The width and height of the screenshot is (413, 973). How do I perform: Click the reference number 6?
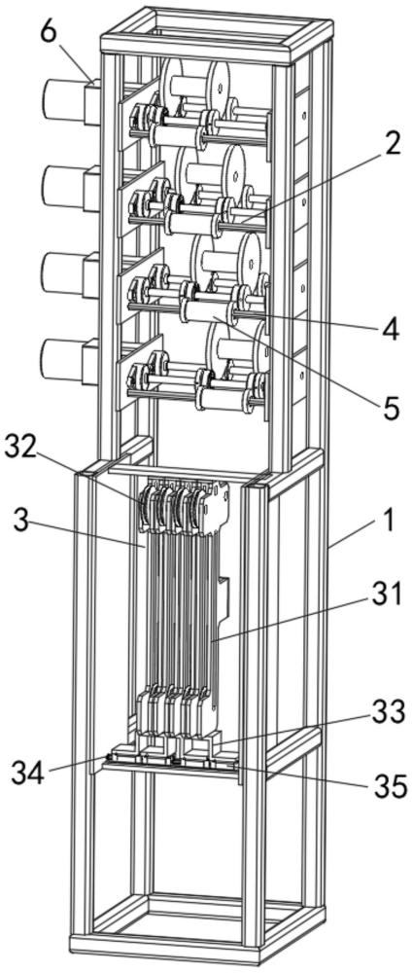pyautogui.click(x=49, y=32)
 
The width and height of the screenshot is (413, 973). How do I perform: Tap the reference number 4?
pyautogui.click(x=390, y=331)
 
